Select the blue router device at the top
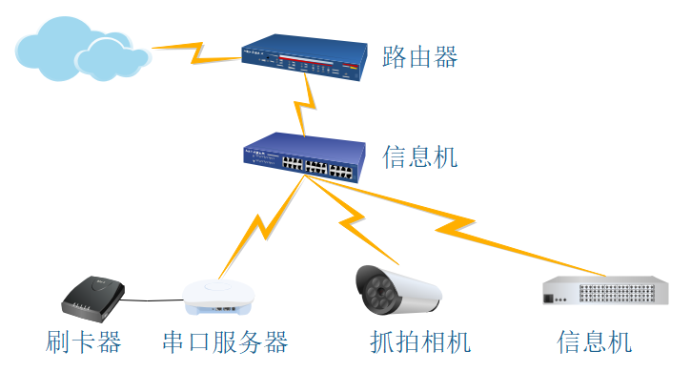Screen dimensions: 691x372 coord(304,57)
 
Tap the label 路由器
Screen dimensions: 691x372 coord(420,57)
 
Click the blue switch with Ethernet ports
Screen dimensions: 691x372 coord(304,157)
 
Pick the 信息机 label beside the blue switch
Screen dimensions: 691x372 coord(420,157)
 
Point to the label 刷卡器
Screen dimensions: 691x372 coord(83,342)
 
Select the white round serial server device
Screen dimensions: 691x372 coord(218,297)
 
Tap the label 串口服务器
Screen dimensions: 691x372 coord(225,342)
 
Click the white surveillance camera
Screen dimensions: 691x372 coord(398,290)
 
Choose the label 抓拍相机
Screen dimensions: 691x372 coord(420,342)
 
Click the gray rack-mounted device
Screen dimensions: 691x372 coord(605,290)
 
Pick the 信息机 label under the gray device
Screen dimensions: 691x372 coord(594,342)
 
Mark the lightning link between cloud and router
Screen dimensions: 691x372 coord(197,53)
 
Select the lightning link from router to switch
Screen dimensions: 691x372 coord(305,105)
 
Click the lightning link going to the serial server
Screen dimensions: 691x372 coord(263,226)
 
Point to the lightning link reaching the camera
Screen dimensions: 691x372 coord(352,219)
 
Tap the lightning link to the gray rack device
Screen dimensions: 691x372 coord(456,225)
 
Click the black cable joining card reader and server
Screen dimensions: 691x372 coord(152,300)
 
